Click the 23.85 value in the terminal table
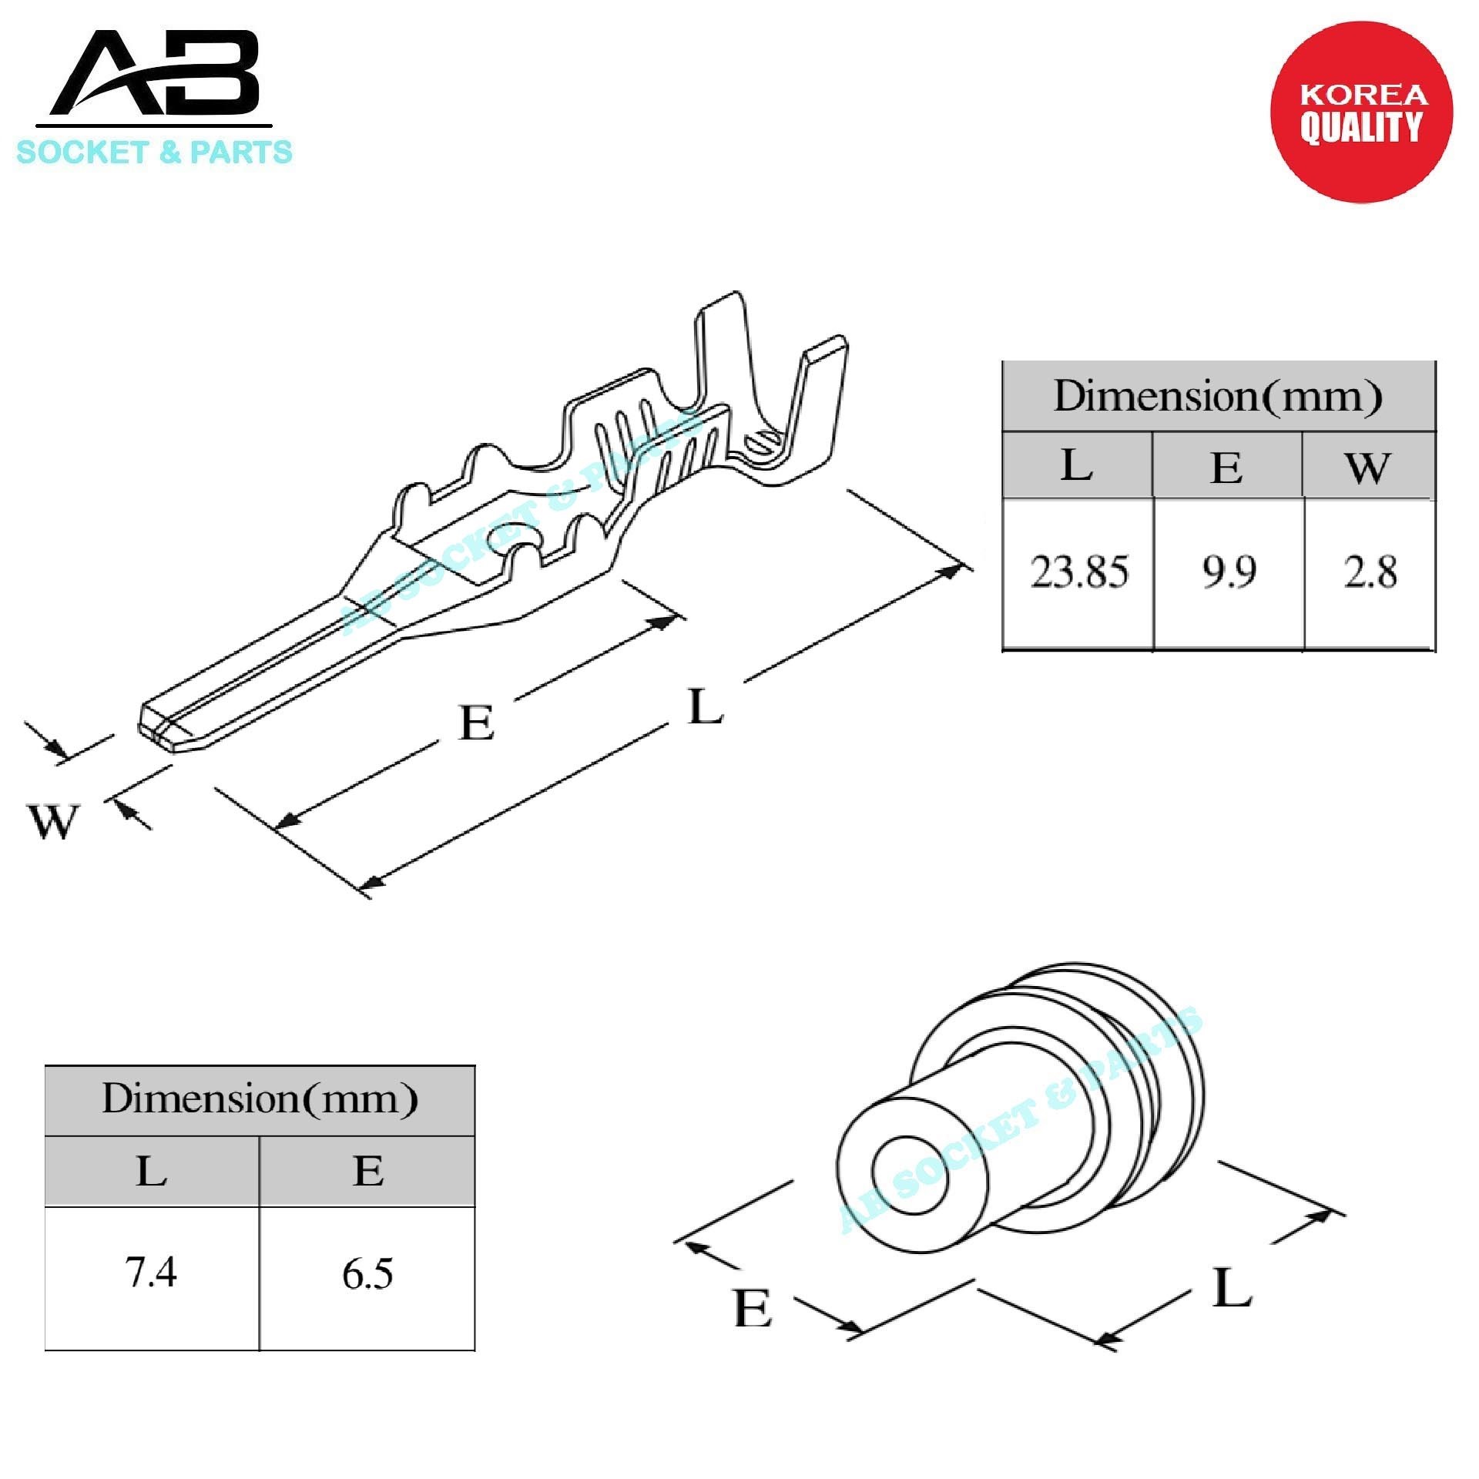1078,572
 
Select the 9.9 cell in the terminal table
1229,572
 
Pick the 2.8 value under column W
1370,572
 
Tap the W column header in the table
1368,467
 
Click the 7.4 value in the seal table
151,1273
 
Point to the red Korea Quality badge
1361,112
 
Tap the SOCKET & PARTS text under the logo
154,152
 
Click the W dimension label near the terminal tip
52,822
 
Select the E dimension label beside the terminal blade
476,723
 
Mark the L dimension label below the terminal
705,707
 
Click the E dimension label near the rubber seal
752,1308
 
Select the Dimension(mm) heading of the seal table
260,1099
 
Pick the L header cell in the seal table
151,1172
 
